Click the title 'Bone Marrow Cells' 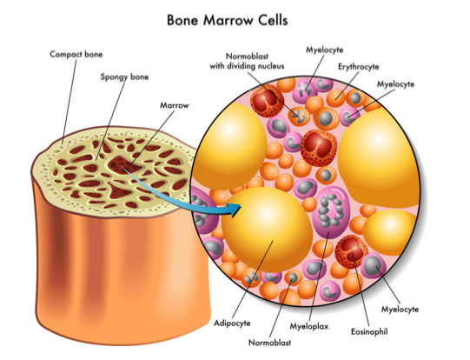228,20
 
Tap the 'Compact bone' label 76,54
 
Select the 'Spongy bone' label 124,77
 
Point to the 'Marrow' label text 175,105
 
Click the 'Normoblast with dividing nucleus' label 247,61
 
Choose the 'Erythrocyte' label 359,67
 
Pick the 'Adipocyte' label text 232,323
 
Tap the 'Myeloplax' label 309,326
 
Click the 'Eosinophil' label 369,331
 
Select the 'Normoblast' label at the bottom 270,343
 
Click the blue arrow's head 235,209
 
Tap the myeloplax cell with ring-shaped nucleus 331,211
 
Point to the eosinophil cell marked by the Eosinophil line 351,251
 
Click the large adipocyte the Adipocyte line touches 267,230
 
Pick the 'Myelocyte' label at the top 324,50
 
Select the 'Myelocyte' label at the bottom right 400,309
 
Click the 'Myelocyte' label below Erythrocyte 395,84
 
